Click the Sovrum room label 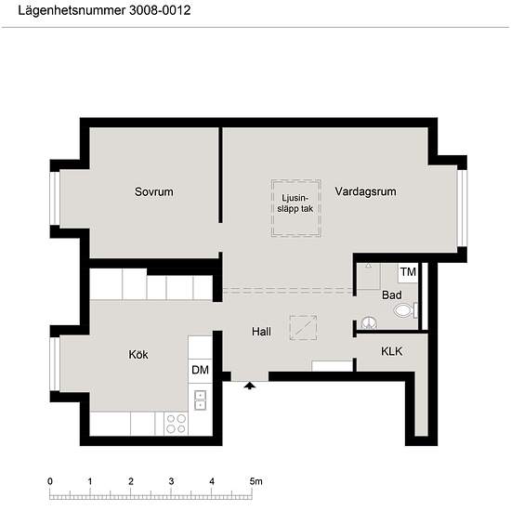pos(154,191)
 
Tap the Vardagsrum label pos(366,191)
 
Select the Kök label pos(138,354)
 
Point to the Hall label pos(261,332)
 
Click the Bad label pos(392,295)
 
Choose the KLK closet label pos(392,351)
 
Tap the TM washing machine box pos(408,272)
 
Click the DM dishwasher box pos(201,370)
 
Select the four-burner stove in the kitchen pos(176,423)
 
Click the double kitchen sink pos(200,400)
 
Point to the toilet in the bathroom pos(405,310)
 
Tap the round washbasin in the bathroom pos(369,322)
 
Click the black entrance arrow pos(250,386)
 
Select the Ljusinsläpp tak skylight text pos(295,203)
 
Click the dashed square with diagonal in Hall pos(303,328)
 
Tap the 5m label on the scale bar pos(256,481)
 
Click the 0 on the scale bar pos(50,481)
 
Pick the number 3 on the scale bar pos(172,481)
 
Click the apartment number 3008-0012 pos(160,10)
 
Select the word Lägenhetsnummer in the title pos(72,10)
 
